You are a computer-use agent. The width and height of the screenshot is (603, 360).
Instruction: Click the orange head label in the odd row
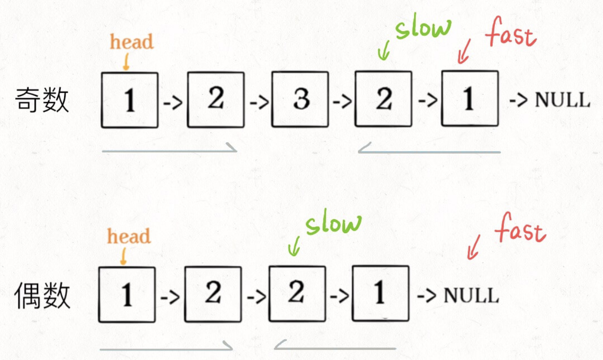(132, 42)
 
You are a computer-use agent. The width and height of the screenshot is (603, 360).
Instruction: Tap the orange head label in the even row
(129, 236)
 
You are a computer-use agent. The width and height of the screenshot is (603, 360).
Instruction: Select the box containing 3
(300, 100)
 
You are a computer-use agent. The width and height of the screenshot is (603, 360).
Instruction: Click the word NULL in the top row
(562, 101)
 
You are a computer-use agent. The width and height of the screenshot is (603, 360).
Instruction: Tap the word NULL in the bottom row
(471, 295)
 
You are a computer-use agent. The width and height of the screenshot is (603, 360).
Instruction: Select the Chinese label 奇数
(43, 101)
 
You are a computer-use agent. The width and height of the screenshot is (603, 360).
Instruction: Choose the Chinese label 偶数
(43, 296)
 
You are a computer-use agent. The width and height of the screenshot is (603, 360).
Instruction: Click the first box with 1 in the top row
(130, 100)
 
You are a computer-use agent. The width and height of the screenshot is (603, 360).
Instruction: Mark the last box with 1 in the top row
(469, 99)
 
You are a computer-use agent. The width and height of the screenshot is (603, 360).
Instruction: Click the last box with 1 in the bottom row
(380, 293)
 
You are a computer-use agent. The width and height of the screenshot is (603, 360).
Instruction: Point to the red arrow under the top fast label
(463, 52)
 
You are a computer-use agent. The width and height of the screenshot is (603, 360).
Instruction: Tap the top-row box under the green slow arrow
(383, 99)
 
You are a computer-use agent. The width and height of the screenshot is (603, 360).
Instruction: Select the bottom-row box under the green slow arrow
(297, 293)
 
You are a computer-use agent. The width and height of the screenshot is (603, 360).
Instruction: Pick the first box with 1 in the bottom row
(127, 294)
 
